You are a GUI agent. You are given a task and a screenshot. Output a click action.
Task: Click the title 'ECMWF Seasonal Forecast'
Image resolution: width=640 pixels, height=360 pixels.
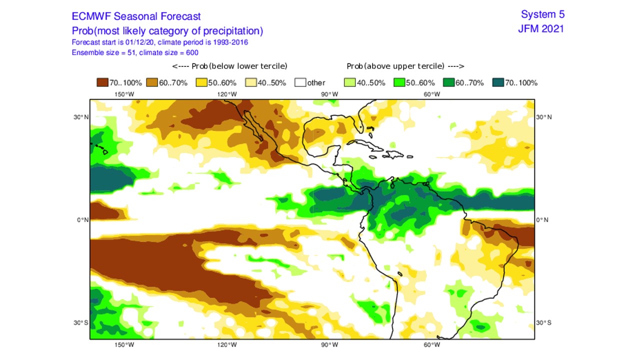pyautogui.click(x=136, y=16)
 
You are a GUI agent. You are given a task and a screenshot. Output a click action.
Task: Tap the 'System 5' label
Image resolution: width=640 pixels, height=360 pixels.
pyautogui.click(x=542, y=14)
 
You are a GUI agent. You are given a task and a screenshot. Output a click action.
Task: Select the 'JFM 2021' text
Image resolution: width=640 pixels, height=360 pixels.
pyautogui.click(x=541, y=28)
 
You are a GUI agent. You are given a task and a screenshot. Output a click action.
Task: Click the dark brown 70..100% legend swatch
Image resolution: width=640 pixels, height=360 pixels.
pyautogui.click(x=102, y=82)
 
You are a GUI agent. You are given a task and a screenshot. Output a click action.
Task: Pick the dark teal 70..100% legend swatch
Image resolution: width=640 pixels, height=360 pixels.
pyautogui.click(x=498, y=82)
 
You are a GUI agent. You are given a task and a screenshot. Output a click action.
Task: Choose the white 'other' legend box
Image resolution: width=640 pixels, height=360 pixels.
pyautogui.click(x=300, y=82)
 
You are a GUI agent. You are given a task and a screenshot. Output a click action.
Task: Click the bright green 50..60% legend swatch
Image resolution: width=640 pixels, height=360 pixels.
pyautogui.click(x=399, y=82)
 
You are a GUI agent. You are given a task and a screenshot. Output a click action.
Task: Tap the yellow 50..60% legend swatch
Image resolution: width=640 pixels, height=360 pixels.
pyautogui.click(x=201, y=82)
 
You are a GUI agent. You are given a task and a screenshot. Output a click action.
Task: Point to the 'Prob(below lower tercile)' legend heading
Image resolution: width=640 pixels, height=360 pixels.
pyautogui.click(x=229, y=66)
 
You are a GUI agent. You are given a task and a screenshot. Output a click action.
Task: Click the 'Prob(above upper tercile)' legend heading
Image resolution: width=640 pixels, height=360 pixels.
pyautogui.click(x=405, y=66)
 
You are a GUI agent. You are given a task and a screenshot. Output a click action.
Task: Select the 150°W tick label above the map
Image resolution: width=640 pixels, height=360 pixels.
pyautogui.click(x=124, y=94)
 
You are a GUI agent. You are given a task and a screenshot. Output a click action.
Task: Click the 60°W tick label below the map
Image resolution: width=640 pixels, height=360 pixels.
pyautogui.click(x=432, y=344)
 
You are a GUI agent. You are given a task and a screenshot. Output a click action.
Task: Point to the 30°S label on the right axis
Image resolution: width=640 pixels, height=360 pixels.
pyautogui.click(x=544, y=322)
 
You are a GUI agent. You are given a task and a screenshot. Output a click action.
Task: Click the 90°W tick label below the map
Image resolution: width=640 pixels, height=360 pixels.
pyautogui.click(x=329, y=344)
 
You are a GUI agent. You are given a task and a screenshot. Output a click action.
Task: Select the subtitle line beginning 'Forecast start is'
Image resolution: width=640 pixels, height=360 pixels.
pyautogui.click(x=160, y=42)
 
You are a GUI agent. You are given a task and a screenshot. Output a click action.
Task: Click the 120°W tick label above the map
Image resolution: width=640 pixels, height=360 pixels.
pyautogui.click(x=226, y=94)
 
